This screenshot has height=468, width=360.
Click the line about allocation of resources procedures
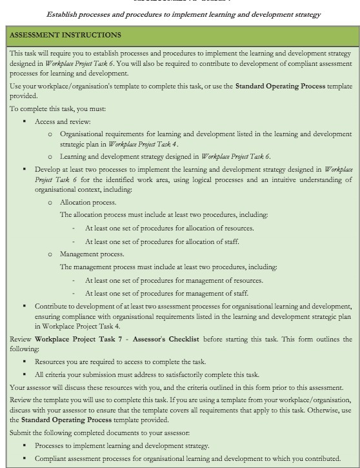click(x=169, y=228)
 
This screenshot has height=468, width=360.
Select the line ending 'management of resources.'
click(x=174, y=280)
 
